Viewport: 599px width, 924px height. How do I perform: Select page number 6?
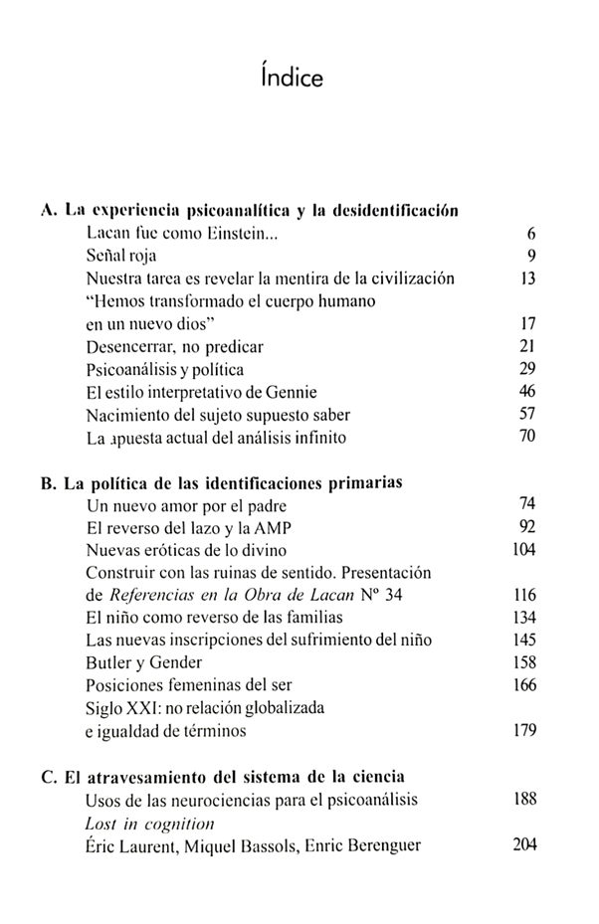(531, 235)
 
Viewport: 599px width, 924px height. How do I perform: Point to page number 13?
(527, 278)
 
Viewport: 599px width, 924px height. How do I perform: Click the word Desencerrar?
(130, 346)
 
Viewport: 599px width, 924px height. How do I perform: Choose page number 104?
(524, 550)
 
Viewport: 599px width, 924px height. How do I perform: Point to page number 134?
(524, 618)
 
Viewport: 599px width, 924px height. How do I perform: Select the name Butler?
(110, 662)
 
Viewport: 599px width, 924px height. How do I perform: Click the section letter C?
(47, 777)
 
